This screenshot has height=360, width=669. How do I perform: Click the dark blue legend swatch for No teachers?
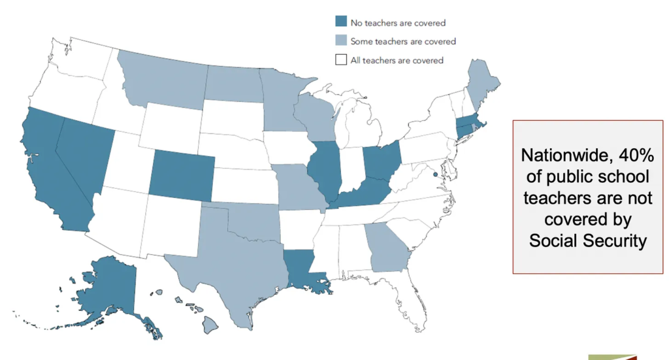pyautogui.click(x=340, y=22)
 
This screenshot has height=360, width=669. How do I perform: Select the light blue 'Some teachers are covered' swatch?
pyautogui.click(x=340, y=41)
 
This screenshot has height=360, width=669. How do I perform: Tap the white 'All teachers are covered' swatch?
pyautogui.click(x=340, y=60)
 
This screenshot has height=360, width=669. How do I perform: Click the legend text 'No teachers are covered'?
pyautogui.click(x=397, y=23)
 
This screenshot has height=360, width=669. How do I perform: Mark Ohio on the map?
pyautogui.click(x=380, y=163)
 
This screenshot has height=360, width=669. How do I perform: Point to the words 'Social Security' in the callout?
pyautogui.click(x=587, y=240)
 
